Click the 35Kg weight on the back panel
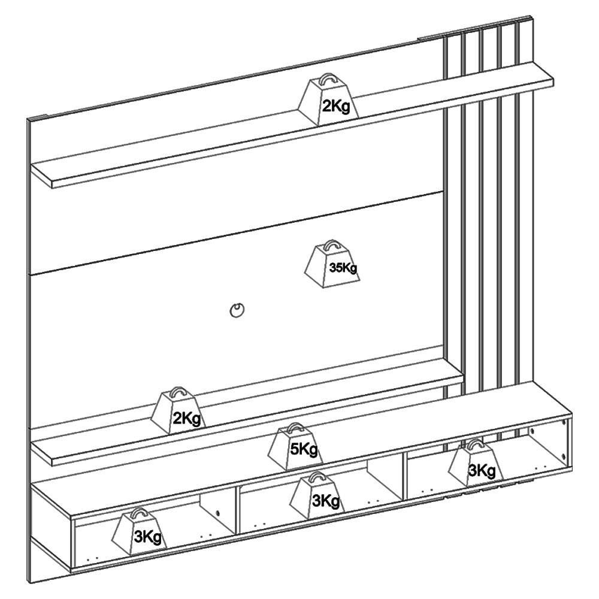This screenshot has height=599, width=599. [332, 265]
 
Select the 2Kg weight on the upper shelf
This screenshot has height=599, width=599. [328, 100]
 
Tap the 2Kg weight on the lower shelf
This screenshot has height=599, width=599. [179, 412]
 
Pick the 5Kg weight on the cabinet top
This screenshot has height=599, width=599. [296, 447]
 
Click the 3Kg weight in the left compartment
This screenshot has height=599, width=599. [140, 532]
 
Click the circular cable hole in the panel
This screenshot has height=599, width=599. [237, 310]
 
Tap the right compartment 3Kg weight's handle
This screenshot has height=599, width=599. [476, 444]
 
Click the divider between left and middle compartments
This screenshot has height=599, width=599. [237, 510]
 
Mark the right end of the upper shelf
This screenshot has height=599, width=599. [553, 81]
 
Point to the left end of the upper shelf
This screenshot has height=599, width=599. [41, 176]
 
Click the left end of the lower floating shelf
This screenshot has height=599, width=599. [41, 453]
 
